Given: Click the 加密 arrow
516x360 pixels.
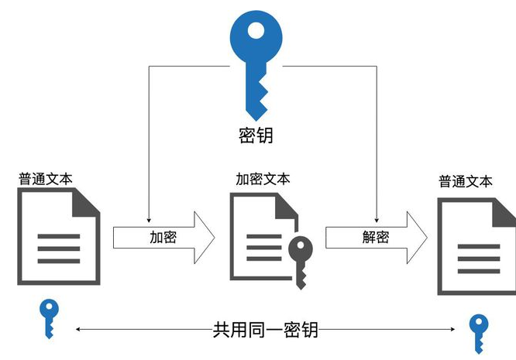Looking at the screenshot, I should [x=163, y=237].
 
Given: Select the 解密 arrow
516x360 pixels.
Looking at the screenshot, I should [x=375, y=237].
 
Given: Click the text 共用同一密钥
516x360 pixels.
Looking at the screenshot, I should [x=265, y=331].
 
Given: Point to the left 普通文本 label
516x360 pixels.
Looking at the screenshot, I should [x=46, y=178].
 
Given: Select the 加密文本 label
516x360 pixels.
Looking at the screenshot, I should [x=263, y=178].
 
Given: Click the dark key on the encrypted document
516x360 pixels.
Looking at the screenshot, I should [x=300, y=260].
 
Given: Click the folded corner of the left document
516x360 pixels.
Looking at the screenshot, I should [x=87, y=203].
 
